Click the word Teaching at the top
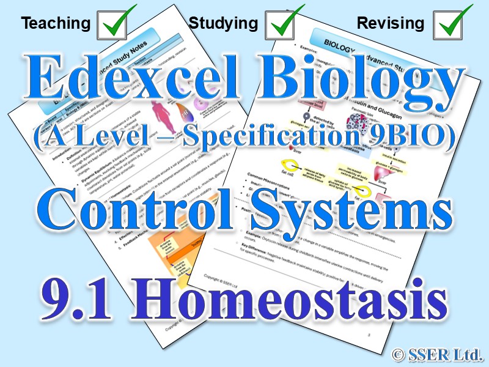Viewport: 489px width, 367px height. [56, 24]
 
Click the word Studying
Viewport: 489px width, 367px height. [223, 24]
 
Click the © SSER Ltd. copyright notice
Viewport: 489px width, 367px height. [438, 354]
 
